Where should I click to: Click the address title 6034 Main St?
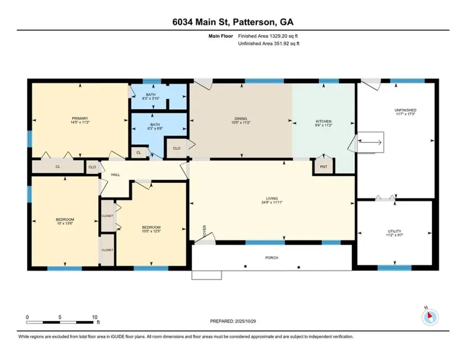pos(233,22)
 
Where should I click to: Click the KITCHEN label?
pos(324,121)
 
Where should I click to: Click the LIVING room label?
pos(272,198)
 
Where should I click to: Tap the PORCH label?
pos(272,257)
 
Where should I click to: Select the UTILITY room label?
pos(395,232)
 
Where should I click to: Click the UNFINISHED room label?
pos(405,110)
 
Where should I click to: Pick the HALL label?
pos(115,175)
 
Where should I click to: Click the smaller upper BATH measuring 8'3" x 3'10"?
pos(151,95)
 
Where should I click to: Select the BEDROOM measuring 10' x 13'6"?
pos(65,220)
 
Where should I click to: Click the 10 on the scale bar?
pos(95,317)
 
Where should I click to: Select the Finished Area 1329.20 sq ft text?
pos(269,36)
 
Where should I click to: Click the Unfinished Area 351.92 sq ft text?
pos(269,44)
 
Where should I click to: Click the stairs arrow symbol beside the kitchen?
pos(371,142)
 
